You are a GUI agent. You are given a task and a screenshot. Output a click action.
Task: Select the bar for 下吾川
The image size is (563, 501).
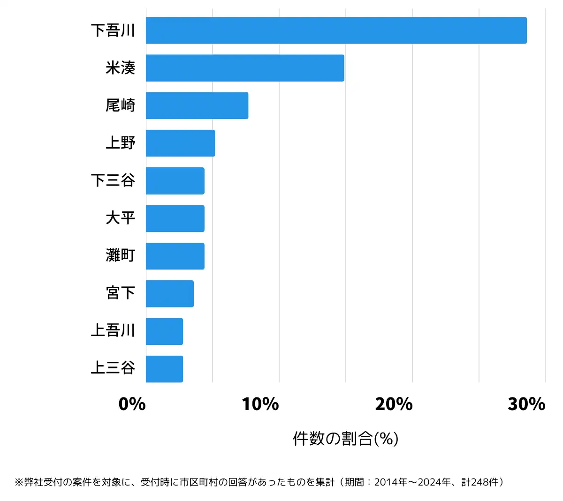pos(336,30)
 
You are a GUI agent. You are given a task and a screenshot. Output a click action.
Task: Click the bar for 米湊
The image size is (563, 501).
pos(245,68)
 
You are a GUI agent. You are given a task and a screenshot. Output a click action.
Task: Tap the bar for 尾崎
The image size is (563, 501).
pos(197,105)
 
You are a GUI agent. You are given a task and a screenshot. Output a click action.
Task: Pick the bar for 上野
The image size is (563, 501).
pos(180,143)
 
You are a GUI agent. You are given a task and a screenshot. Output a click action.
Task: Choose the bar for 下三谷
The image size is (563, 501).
pos(175,181)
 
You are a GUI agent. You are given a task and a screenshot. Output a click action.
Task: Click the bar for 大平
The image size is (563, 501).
pos(175,218)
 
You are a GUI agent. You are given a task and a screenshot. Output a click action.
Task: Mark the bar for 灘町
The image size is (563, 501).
pos(175,256)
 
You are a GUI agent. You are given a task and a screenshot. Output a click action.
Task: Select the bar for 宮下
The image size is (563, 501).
pos(169,294)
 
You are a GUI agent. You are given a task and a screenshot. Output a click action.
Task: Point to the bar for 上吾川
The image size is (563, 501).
pos(164,331)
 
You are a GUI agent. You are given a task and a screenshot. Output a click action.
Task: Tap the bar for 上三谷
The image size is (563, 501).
pos(164,369)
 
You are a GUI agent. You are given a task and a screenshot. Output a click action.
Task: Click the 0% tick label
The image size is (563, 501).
pos(132,404)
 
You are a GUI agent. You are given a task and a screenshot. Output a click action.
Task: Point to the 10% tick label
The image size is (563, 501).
pos(260,404)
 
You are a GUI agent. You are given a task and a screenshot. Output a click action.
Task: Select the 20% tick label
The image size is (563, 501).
pos(394,404)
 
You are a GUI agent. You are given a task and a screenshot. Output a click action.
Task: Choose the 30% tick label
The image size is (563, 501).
pos(526,404)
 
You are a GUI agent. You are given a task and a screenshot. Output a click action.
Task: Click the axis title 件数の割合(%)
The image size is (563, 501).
pos(346,439)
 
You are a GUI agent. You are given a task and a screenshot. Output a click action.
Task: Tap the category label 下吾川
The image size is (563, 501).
pos(113,30)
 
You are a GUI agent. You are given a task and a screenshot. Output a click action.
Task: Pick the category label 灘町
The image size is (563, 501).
pos(121,256)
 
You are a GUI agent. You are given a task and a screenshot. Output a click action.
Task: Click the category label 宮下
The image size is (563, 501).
pos(121,293)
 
